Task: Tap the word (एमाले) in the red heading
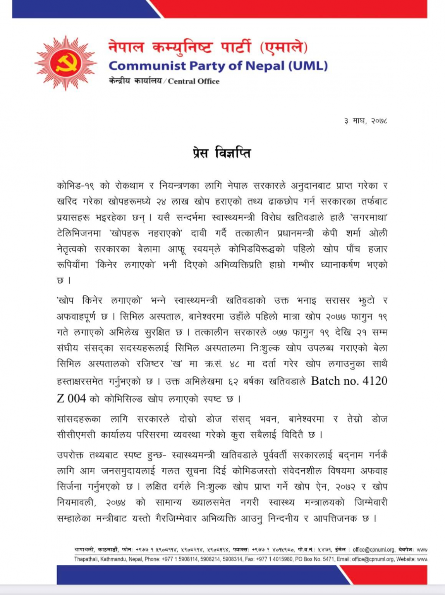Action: pyautogui.click(x=284, y=47)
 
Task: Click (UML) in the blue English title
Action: pyautogui.click(x=308, y=66)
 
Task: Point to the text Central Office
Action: pyautogui.click(x=194, y=81)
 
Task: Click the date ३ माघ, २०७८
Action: pyautogui.click(x=366, y=121)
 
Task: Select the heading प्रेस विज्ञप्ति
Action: pyautogui.click(x=222, y=153)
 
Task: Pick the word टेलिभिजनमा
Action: pyautogui.click(x=79, y=234)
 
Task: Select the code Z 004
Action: pyautogui.click(x=71, y=398)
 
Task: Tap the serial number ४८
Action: pyautogui.click(x=235, y=365)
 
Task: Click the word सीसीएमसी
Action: pyautogui.click(x=76, y=435)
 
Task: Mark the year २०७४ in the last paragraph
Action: pyautogui.click(x=116, y=503)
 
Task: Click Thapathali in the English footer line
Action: pyautogui.click(x=86, y=559)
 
